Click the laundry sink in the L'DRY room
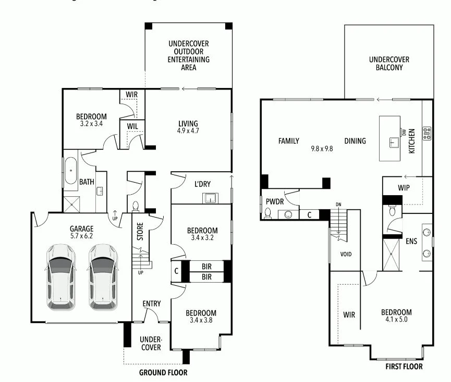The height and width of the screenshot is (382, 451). (210, 198)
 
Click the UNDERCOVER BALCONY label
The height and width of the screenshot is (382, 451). (388, 63)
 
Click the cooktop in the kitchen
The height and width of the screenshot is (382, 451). (427, 133)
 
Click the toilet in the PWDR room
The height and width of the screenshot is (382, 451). (268, 213)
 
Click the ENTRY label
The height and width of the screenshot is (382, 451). (151, 303)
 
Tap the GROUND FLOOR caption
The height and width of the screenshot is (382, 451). (163, 373)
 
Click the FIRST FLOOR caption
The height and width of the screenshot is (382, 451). (404, 366)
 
